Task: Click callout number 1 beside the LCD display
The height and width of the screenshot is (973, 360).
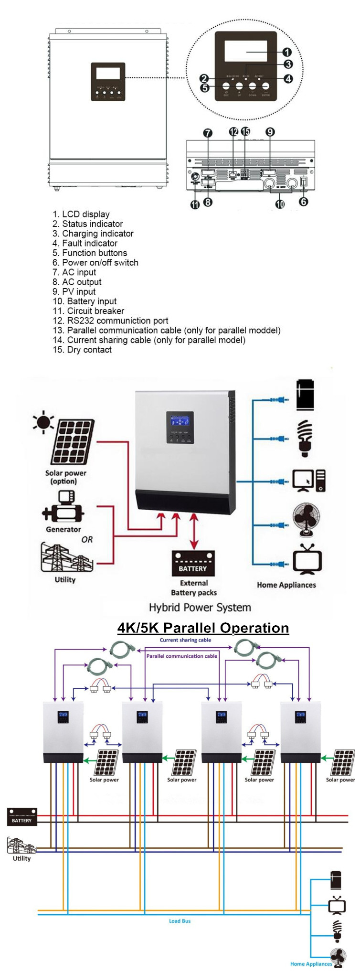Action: [x=287, y=52]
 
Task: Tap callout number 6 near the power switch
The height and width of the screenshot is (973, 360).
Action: [x=303, y=202]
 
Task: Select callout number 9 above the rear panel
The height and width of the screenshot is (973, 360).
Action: [x=270, y=132]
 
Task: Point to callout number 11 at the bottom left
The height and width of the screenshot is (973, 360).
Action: [x=195, y=204]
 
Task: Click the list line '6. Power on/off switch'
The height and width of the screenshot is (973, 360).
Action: [x=95, y=263]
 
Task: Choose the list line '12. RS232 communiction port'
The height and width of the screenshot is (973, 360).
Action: [x=110, y=321]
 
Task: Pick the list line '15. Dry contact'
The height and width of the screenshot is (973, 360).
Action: [x=82, y=350]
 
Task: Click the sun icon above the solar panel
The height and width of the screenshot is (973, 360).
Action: [x=43, y=422]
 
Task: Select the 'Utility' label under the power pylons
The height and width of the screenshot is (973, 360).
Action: [x=65, y=579]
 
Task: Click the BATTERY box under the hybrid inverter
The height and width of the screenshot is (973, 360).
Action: [x=193, y=564]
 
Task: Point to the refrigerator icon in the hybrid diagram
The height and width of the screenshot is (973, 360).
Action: [x=305, y=395]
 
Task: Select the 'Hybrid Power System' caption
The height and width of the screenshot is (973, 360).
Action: [x=200, y=607]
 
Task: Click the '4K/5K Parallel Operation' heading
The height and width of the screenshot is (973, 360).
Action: [x=203, y=628]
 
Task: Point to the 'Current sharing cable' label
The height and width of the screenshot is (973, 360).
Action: [x=185, y=640]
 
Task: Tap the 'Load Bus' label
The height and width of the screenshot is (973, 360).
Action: [x=180, y=921]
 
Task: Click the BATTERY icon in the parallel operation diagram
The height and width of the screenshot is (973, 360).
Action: [x=22, y=816]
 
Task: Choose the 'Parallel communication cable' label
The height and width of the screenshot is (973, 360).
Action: [x=181, y=656]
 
